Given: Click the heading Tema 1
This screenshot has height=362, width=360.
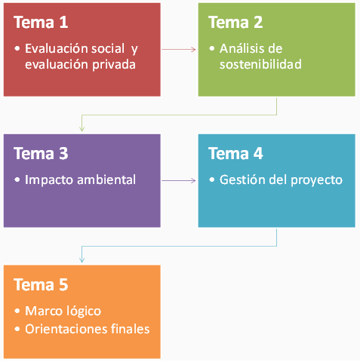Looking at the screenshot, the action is [x=41, y=22].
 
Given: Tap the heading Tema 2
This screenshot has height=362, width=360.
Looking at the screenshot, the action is [x=235, y=22].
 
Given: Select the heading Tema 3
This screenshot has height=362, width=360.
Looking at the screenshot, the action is [x=41, y=153].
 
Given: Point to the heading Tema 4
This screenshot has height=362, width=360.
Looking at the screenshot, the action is [x=235, y=153].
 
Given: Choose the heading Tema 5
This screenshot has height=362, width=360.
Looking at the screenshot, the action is [x=41, y=284].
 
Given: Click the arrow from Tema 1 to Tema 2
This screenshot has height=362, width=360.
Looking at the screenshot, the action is [x=179, y=50].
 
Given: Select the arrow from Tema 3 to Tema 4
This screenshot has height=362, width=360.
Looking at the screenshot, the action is [x=179, y=180].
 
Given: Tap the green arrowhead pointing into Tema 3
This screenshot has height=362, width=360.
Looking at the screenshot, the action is [x=82, y=128].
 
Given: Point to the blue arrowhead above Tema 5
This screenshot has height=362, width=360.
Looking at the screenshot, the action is [x=82, y=259].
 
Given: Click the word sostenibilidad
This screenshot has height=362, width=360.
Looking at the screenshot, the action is [x=260, y=64].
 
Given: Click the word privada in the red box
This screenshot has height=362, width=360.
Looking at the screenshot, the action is [x=114, y=65].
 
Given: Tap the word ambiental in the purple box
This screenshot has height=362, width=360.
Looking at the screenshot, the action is [x=106, y=179].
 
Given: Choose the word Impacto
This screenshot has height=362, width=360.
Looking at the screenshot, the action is [x=49, y=180].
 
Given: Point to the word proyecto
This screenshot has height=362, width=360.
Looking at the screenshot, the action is [x=316, y=180].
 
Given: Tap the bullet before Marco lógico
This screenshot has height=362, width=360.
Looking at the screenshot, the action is [x=17, y=311].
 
